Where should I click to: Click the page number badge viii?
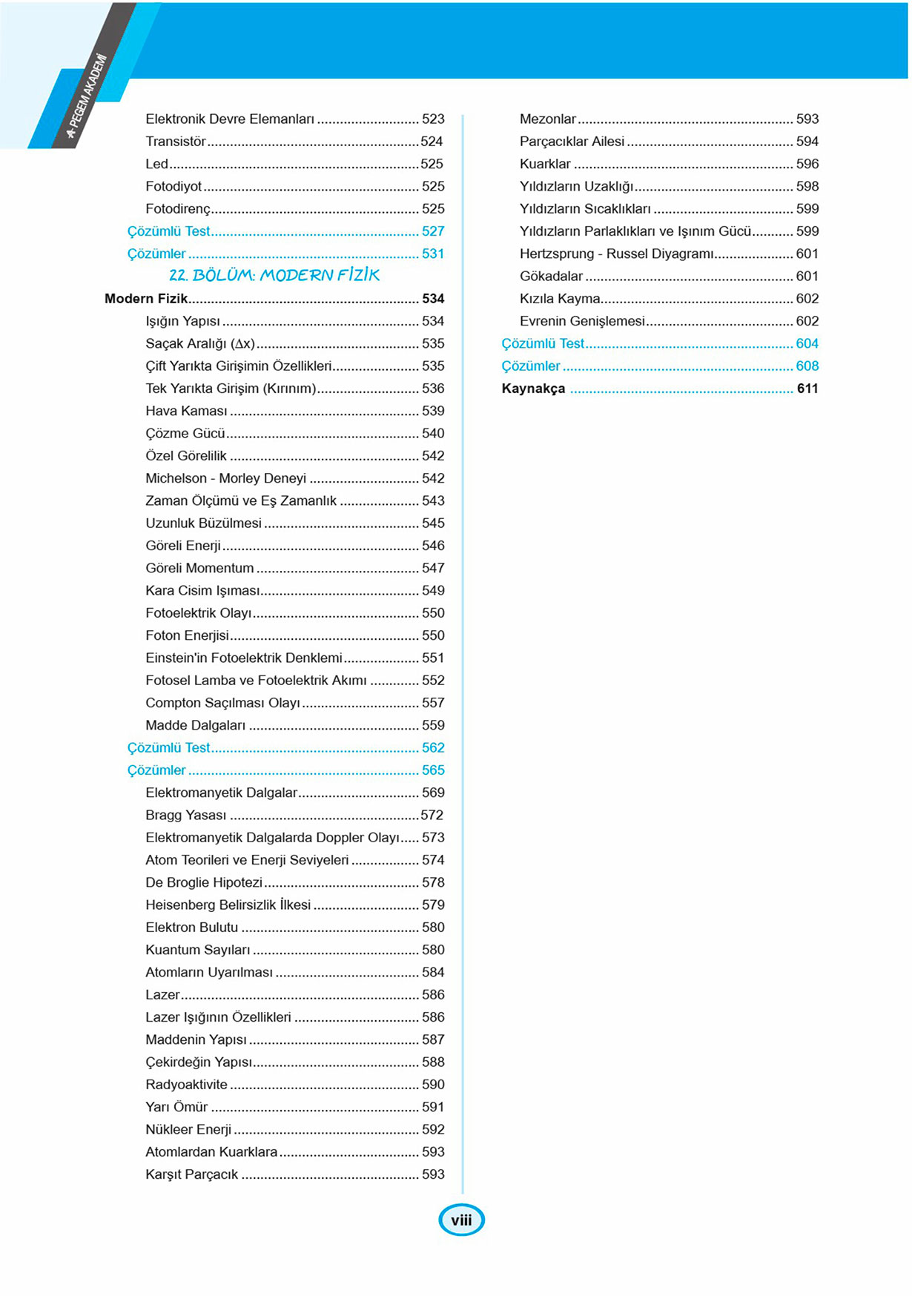pyautogui.click(x=461, y=1220)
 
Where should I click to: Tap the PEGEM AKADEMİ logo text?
pyautogui.click(x=87, y=96)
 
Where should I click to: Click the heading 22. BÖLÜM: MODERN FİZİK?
pyautogui.click(x=274, y=275)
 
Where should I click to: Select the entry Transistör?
pyautogui.click(x=176, y=141)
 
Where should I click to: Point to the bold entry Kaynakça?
pyautogui.click(x=533, y=389)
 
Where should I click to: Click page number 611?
pyautogui.click(x=807, y=389)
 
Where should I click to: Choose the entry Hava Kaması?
pyautogui.click(x=186, y=411)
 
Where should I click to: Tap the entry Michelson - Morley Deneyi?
pyautogui.click(x=225, y=478)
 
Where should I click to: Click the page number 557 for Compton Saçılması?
pyautogui.click(x=433, y=703)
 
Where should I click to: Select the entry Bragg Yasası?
pyautogui.click(x=186, y=815)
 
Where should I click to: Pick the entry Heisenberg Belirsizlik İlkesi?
pyautogui.click(x=228, y=905)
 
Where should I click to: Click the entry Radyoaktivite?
pyautogui.click(x=186, y=1084)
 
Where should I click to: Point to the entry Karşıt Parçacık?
pyautogui.click(x=191, y=1174)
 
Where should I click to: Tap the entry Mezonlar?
pyautogui.click(x=548, y=119)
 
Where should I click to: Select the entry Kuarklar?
pyautogui.click(x=545, y=164)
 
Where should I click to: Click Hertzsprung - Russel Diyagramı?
pyautogui.click(x=616, y=254)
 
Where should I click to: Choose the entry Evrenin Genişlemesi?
pyautogui.click(x=582, y=321)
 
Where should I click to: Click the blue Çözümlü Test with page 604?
pyautogui.click(x=543, y=343)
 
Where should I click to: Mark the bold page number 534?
pyautogui.click(x=433, y=299)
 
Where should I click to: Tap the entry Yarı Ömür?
pyautogui.click(x=176, y=1107)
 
